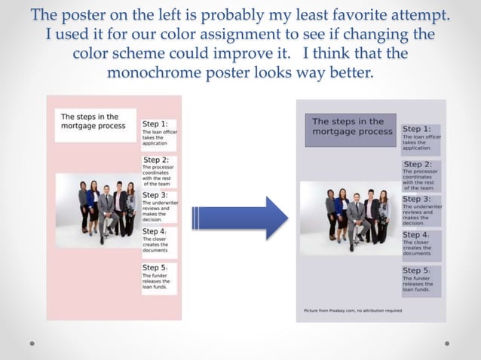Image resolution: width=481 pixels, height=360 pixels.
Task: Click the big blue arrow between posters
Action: pyautogui.click(x=240, y=218)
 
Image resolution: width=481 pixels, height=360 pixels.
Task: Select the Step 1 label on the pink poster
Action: pyautogui.click(x=155, y=124)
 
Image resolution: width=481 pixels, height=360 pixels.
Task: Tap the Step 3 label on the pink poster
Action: pyautogui.click(x=155, y=195)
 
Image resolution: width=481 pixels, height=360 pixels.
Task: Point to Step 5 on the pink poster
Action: pyautogui.click(x=155, y=267)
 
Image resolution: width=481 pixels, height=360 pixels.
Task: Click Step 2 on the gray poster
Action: pyautogui.click(x=418, y=164)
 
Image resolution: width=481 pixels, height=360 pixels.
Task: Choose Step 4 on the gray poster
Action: pyautogui.click(x=417, y=235)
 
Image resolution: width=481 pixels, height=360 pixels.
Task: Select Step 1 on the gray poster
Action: pyautogui.click(x=417, y=129)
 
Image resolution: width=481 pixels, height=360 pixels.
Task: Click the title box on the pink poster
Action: pyautogui.click(x=94, y=122)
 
